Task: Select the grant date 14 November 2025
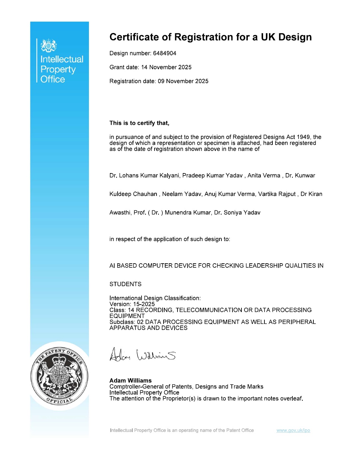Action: point(166,67)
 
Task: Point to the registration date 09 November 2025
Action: point(183,81)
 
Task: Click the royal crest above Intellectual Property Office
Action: point(49,46)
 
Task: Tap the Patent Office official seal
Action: point(59,376)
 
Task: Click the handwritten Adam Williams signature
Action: point(143,355)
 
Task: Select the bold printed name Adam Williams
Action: point(131,380)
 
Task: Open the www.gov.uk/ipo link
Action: point(293,430)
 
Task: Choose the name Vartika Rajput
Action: point(277,194)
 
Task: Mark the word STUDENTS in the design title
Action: point(125,284)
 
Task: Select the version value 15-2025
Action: point(144,304)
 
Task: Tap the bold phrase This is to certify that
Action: point(139,123)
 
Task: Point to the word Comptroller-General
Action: point(135,387)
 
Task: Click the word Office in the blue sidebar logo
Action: point(53,79)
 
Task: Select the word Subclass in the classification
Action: point(122,322)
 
